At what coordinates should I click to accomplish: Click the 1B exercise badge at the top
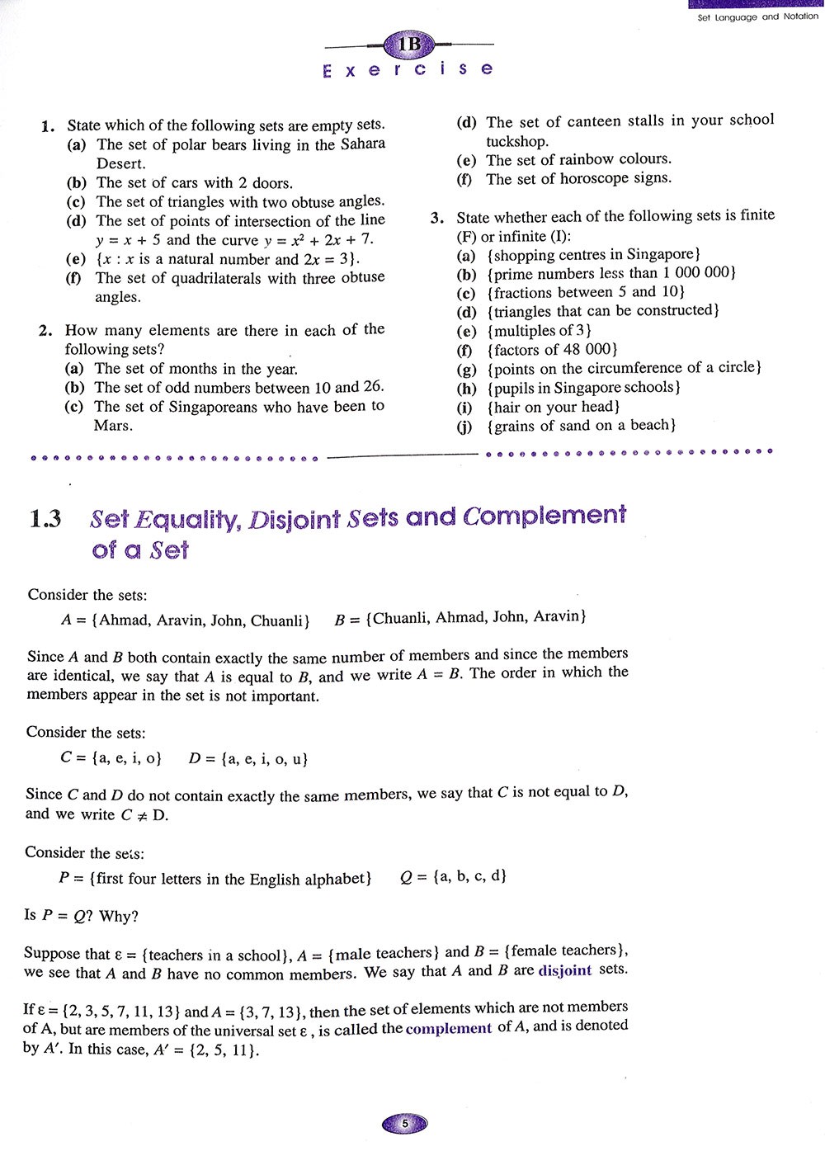coord(409,44)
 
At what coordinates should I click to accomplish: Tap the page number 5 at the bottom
coord(404,1123)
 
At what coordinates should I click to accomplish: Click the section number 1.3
coord(45,519)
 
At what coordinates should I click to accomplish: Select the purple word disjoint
coord(564,970)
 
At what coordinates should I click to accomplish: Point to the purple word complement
coord(449,1028)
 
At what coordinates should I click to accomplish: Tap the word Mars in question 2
coord(113,426)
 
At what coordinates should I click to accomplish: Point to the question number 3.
coord(437,218)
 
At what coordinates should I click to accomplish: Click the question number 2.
coord(45,331)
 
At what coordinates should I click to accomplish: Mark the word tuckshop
coord(517,140)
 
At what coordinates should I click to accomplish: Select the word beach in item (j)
coord(651,426)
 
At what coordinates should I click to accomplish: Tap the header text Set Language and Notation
coord(757,17)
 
